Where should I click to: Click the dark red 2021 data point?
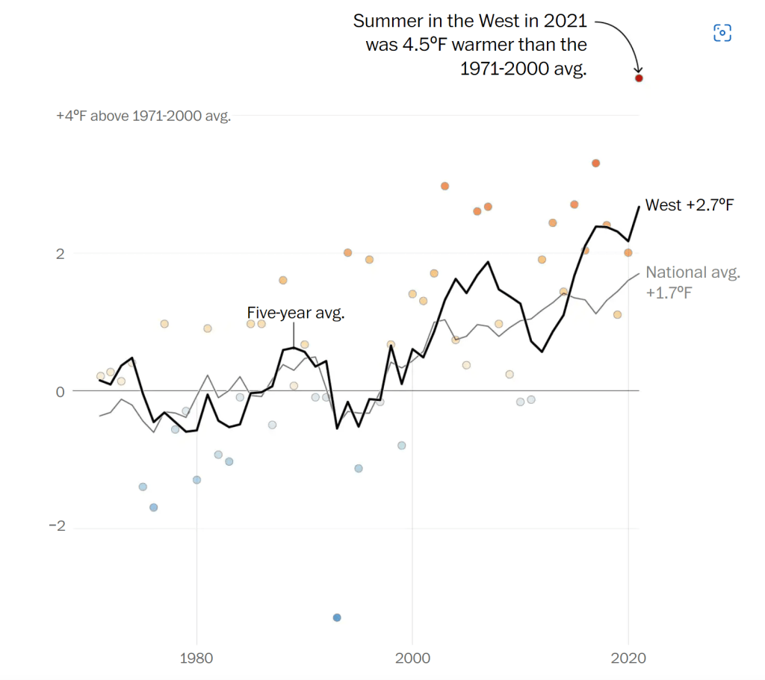[x=639, y=78]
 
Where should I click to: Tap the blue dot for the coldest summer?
[x=337, y=617]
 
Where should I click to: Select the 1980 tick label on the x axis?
[x=196, y=659]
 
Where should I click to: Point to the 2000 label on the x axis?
[x=412, y=659]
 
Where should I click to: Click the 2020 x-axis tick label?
[x=628, y=659]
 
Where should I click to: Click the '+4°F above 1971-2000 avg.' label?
[x=143, y=116]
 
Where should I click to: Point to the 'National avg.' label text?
[x=693, y=272]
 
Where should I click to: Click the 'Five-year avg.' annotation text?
[x=296, y=313]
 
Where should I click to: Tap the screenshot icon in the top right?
[x=722, y=32]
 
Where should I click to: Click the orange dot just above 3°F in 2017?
[x=596, y=163]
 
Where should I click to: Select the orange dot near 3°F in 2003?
[x=445, y=186]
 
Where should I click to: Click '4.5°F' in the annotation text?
[x=430, y=45]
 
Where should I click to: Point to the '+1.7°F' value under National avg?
[x=669, y=292]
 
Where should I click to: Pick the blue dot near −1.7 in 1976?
[x=153, y=507]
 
